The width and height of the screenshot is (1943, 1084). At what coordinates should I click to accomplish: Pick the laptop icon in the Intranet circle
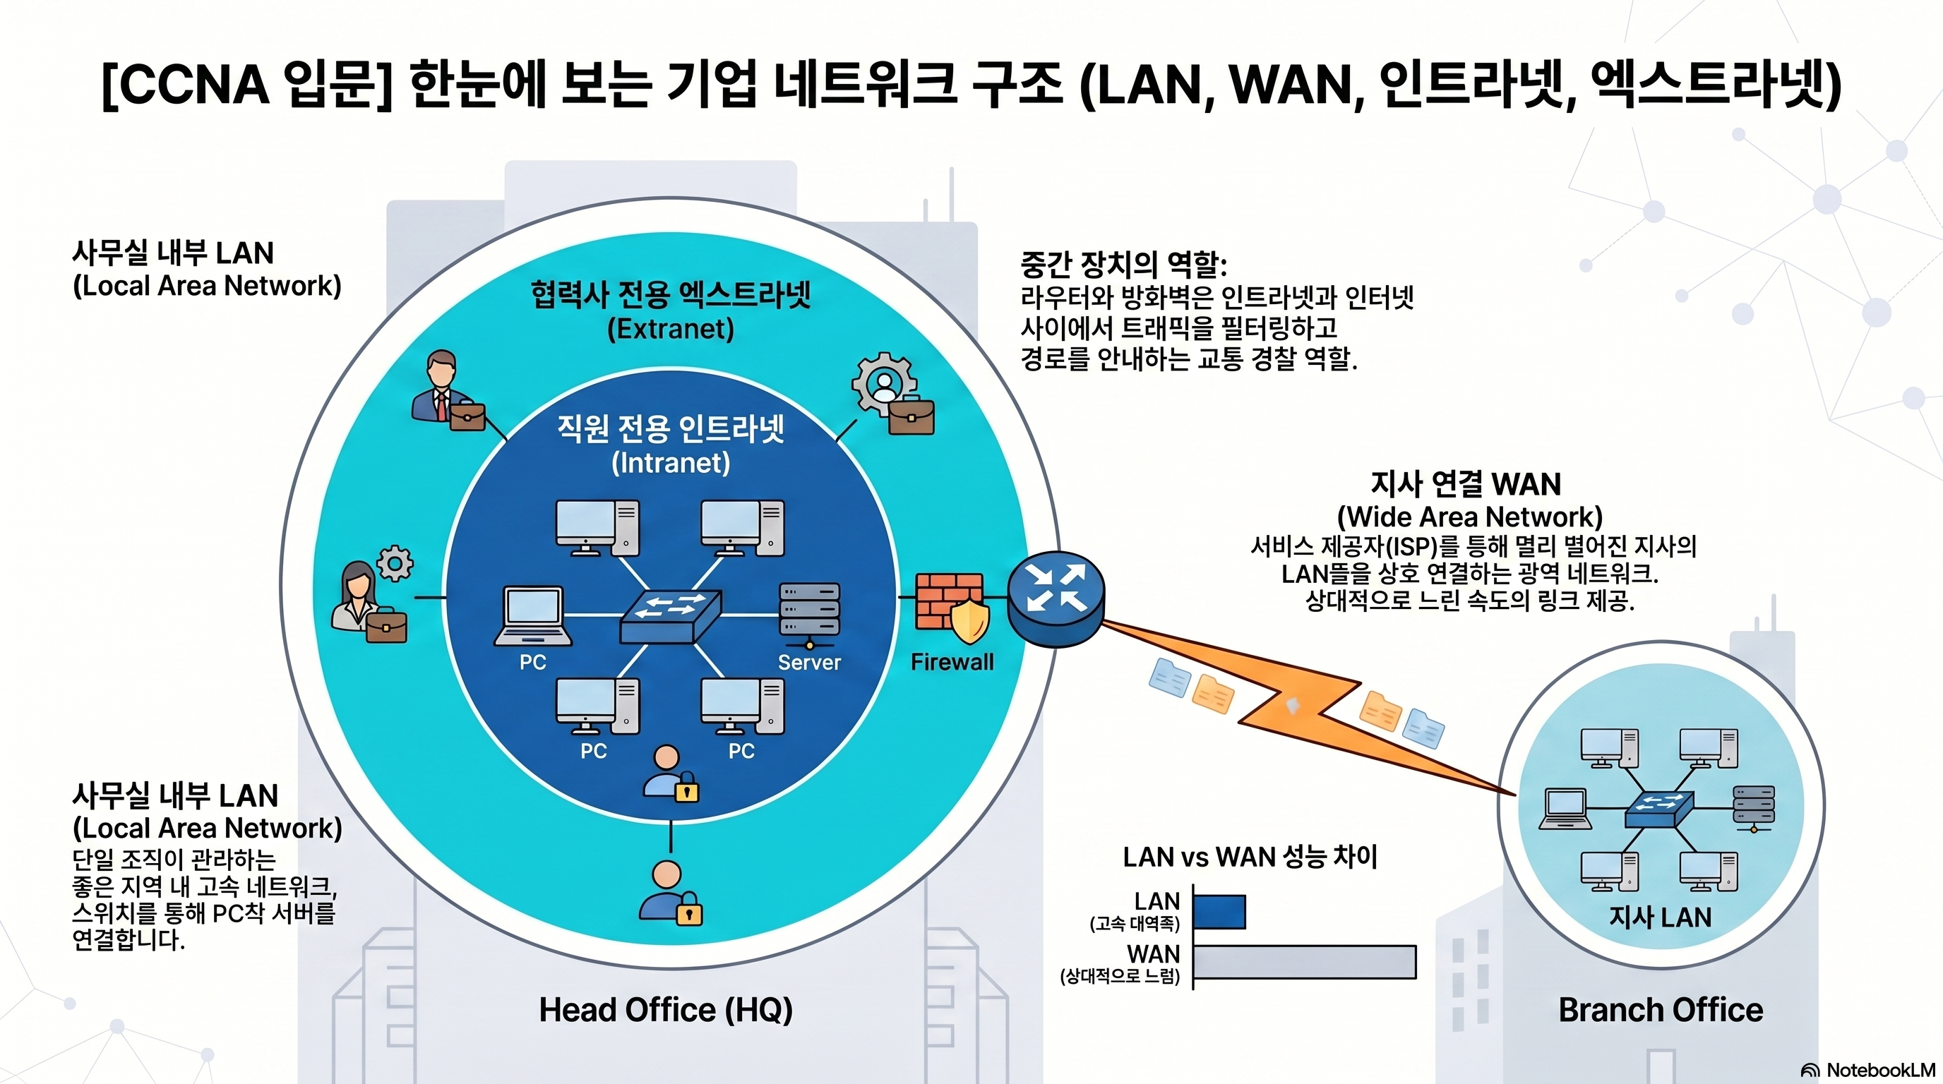click(533, 617)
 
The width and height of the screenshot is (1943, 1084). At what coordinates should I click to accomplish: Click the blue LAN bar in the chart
click(1219, 912)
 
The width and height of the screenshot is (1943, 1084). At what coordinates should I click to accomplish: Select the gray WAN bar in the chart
click(1304, 962)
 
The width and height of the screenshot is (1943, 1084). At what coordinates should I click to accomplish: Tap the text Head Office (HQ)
click(665, 1010)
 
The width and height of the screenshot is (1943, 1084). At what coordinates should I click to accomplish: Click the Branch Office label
click(1660, 1010)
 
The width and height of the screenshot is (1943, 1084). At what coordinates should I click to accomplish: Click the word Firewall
click(952, 662)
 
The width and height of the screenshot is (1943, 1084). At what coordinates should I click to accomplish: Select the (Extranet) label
click(671, 329)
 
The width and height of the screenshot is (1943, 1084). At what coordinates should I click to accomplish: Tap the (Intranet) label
click(671, 462)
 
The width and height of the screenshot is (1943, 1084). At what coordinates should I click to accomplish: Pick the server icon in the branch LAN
click(1754, 808)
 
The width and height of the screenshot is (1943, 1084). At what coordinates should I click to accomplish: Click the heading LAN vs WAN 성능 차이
click(1250, 857)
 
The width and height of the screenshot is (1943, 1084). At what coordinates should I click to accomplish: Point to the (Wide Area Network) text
click(1469, 517)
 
